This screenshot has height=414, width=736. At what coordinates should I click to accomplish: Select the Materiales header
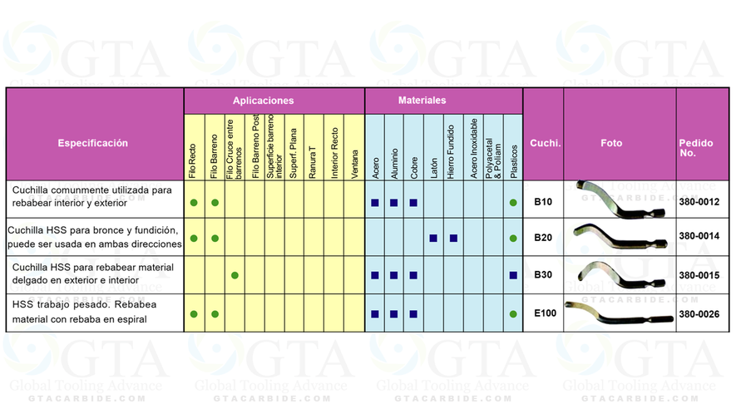422,101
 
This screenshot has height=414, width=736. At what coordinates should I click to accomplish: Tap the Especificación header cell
93,143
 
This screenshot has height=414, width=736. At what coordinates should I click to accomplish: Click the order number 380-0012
699,202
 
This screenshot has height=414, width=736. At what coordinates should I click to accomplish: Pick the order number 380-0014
699,238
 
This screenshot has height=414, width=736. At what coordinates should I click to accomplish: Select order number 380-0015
699,274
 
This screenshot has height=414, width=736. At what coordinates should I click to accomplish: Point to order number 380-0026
699,313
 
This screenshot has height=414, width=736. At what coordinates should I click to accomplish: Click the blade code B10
543,202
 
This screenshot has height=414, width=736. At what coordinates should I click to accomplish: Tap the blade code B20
543,238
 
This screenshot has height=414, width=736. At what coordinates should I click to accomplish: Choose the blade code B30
543,274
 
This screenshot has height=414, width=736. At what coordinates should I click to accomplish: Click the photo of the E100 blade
619,313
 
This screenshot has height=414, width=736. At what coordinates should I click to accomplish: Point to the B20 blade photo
619,236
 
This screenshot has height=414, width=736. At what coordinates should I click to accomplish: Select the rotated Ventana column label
355,160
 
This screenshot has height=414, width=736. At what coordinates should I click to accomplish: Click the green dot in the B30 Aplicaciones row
235,274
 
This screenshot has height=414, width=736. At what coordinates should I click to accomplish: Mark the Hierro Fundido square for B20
453,238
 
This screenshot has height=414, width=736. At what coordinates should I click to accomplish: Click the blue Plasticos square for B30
513,274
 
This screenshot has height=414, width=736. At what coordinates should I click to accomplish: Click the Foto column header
611,143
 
